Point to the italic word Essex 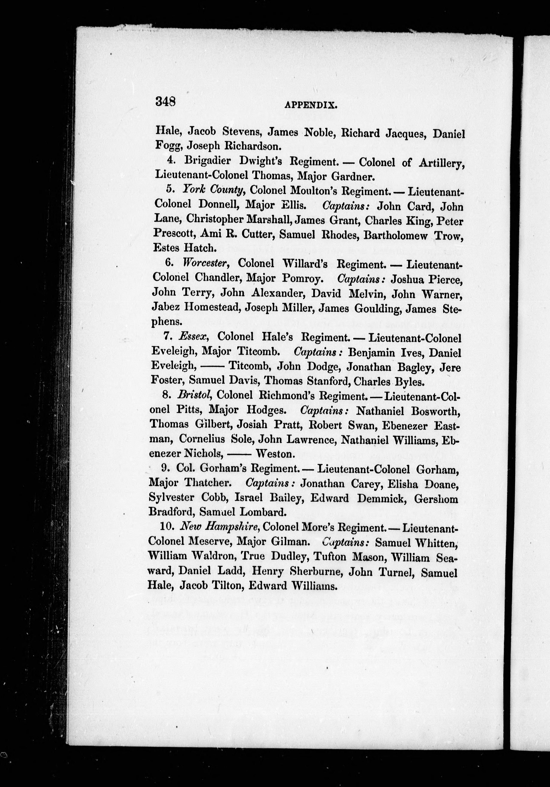point(194,337)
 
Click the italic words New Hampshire point(221,527)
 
